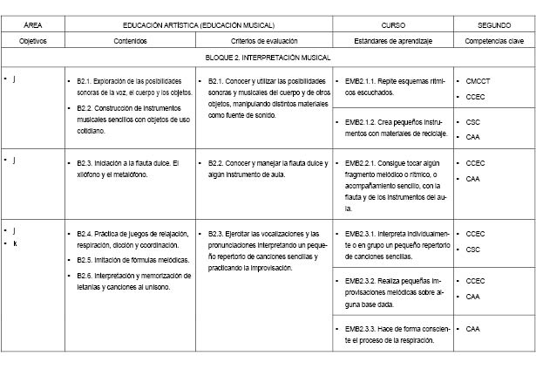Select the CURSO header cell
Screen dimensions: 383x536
(x=393, y=26)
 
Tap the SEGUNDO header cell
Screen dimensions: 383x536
(x=494, y=26)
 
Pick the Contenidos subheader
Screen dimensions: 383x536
(x=130, y=41)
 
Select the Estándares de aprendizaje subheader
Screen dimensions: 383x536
(x=393, y=41)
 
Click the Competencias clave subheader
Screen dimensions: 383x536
(x=494, y=41)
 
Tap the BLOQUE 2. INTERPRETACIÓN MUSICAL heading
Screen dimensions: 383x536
(x=268, y=58)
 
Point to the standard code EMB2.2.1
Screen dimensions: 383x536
(x=360, y=163)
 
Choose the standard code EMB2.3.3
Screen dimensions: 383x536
(x=360, y=328)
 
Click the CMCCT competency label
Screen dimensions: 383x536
(x=478, y=81)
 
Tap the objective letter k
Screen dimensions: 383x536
(x=15, y=243)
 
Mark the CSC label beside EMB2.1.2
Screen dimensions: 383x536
(x=473, y=122)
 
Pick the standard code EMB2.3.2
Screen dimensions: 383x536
(x=360, y=281)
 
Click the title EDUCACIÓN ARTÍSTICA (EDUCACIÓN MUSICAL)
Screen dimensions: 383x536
(x=199, y=26)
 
